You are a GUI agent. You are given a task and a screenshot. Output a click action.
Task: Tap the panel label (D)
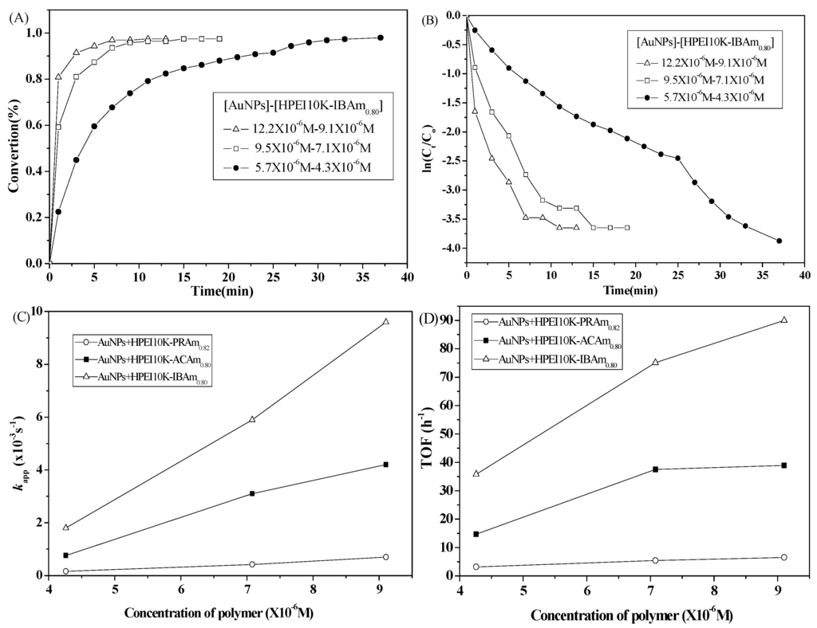[x=428, y=320]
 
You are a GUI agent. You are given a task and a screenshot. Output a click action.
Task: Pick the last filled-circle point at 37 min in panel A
[x=381, y=37]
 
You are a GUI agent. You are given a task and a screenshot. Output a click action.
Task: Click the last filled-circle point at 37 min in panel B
[x=779, y=241]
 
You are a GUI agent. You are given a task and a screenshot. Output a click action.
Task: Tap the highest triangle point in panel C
[x=385, y=322]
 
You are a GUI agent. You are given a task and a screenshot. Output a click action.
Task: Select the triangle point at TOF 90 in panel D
[x=783, y=320]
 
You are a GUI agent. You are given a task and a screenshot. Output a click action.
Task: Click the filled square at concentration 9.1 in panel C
[x=385, y=465]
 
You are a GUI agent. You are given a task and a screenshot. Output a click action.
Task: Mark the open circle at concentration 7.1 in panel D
[x=655, y=560]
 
